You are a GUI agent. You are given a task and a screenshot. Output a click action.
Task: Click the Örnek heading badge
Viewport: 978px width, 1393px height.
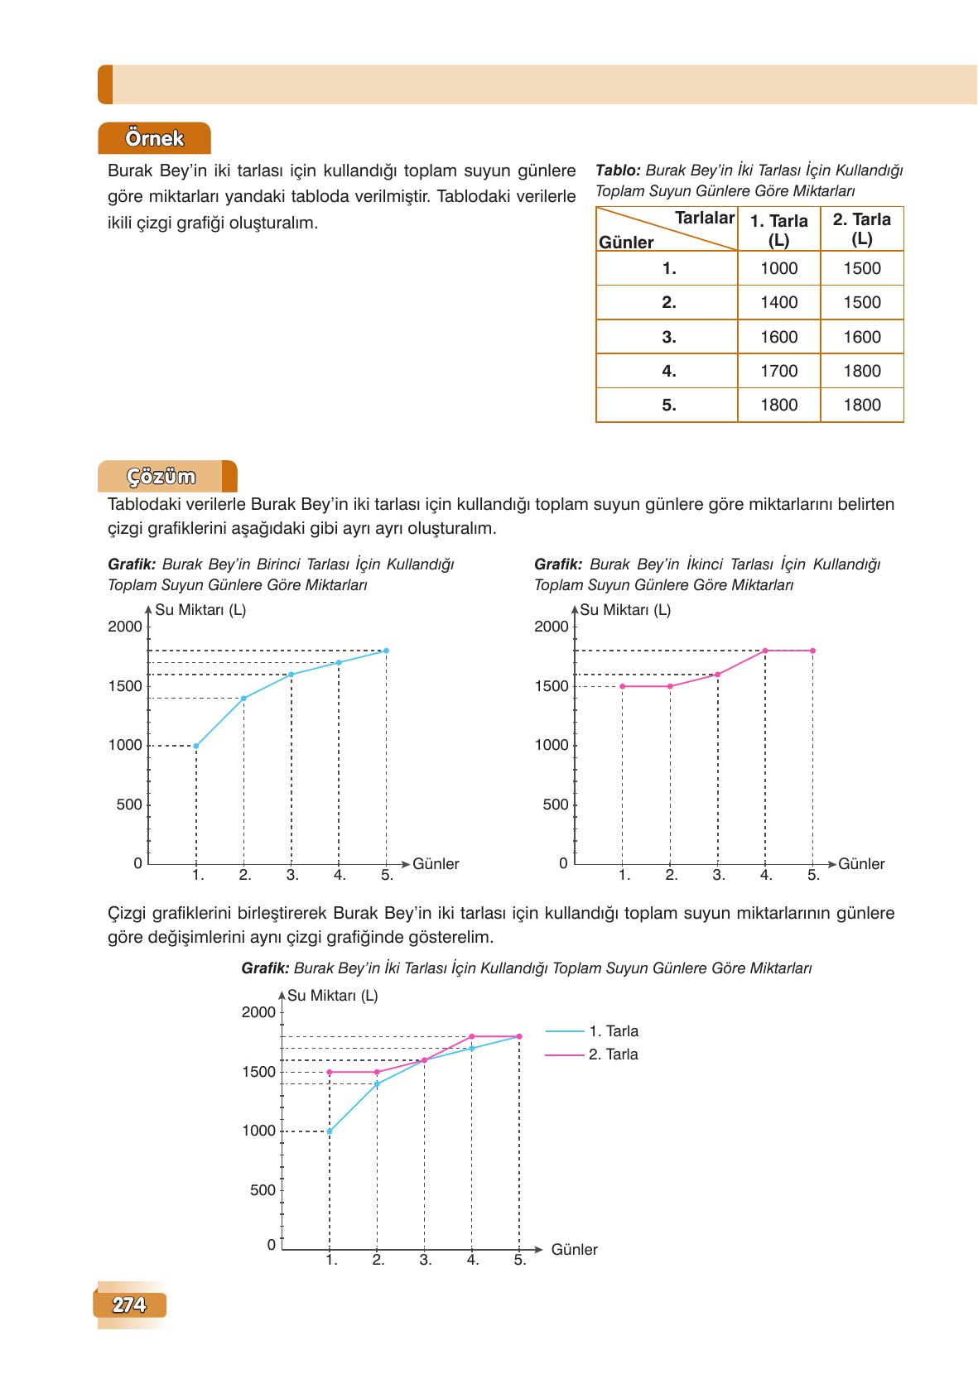154,138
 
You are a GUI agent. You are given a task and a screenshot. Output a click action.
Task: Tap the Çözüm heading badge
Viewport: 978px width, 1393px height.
161,477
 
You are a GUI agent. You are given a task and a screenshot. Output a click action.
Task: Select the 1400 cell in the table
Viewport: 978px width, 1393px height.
778,303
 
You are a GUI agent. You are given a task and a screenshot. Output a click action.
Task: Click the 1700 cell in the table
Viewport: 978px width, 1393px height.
778,371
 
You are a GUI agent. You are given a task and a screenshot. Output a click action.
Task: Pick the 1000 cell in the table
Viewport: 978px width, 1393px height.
778,268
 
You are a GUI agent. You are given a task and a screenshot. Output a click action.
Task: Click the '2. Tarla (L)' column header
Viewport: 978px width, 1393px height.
861,229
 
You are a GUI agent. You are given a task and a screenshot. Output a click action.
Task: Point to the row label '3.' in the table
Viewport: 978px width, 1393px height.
668,337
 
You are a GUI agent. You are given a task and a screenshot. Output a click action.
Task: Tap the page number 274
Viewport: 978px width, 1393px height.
129,1305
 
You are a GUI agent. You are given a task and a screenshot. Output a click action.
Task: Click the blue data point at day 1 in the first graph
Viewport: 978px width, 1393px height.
196,746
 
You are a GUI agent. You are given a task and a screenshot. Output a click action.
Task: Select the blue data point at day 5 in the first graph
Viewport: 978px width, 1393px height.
387,651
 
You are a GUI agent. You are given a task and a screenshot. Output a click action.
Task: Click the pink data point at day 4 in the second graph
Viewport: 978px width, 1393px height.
765,651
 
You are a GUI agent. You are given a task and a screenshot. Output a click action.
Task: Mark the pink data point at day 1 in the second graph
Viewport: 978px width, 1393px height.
622,686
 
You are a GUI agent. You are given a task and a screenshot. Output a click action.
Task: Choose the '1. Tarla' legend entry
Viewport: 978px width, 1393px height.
613,1031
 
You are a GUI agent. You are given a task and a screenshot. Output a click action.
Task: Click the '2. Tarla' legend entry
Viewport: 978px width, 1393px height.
613,1054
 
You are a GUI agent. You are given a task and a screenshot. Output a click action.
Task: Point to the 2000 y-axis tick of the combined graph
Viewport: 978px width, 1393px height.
258,1012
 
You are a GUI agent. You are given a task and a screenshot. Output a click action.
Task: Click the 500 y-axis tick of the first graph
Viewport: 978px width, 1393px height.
129,805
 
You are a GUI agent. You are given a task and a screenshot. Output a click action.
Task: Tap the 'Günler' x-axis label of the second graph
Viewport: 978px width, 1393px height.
861,864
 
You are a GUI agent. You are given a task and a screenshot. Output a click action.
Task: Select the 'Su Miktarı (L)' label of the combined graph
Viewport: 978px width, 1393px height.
333,996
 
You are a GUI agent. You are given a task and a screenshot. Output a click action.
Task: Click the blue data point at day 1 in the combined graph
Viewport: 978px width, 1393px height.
330,1131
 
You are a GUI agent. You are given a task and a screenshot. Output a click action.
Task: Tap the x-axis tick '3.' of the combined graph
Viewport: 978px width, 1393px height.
425,1261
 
